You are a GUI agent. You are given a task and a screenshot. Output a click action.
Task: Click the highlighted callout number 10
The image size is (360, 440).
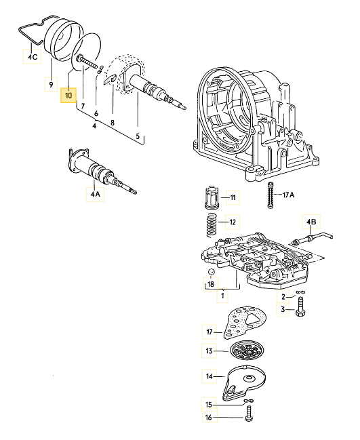coord(68,96)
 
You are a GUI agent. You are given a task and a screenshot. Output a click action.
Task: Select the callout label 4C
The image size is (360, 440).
coord(33,57)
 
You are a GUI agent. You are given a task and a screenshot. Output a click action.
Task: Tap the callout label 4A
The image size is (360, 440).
coord(95,194)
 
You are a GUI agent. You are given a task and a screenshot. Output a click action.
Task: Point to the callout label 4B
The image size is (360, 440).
coord(311,222)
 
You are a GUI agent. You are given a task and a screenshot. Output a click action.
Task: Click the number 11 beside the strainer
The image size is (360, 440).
coord(233,197)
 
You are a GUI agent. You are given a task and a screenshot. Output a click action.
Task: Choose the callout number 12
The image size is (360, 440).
coord(233,222)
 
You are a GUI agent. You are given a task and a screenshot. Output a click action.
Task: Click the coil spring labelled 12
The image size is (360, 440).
coord(212,225)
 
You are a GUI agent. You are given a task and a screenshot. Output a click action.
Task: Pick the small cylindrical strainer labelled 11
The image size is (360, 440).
coord(212,197)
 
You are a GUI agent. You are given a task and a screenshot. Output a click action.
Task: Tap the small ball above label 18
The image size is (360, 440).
coord(211,272)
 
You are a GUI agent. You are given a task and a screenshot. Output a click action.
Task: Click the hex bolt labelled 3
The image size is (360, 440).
coord(300,308)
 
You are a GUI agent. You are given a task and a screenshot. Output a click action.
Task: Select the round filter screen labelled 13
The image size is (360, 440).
coord(247,351)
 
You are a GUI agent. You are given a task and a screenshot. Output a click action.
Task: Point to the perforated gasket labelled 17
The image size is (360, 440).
coord(244,323)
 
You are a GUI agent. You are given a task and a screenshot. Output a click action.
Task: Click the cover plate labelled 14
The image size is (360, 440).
coord(244,382)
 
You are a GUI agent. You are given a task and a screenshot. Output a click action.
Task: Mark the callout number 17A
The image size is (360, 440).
coord(288,195)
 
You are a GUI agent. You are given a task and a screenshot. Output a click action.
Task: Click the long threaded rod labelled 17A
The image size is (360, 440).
coord(271,195)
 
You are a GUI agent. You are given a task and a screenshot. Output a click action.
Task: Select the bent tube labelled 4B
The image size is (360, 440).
coord(311,238)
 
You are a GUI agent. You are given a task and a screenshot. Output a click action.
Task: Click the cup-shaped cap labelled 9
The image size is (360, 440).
coord(64,39)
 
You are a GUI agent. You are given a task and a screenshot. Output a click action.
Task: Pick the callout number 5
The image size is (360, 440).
coord(138,136)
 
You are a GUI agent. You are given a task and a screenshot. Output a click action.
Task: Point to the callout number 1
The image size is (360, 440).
coord(222,296)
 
